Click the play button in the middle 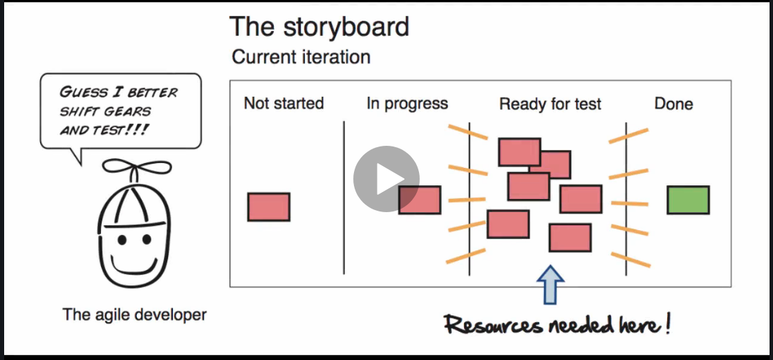pos(386,179)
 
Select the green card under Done pos(688,200)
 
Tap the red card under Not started pos(268,207)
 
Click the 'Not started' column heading pos(283,104)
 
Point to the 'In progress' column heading pos(407,104)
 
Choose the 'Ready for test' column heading pos(550,104)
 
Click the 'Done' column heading pos(673,104)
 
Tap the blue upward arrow pos(550,284)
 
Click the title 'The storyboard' pos(319,26)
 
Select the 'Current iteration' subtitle pos(301,57)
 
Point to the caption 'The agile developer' pos(135,315)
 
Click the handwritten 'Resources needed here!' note pos(557,323)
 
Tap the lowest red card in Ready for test pos(570,238)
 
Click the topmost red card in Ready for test pos(519,151)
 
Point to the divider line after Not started pos(344,197)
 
